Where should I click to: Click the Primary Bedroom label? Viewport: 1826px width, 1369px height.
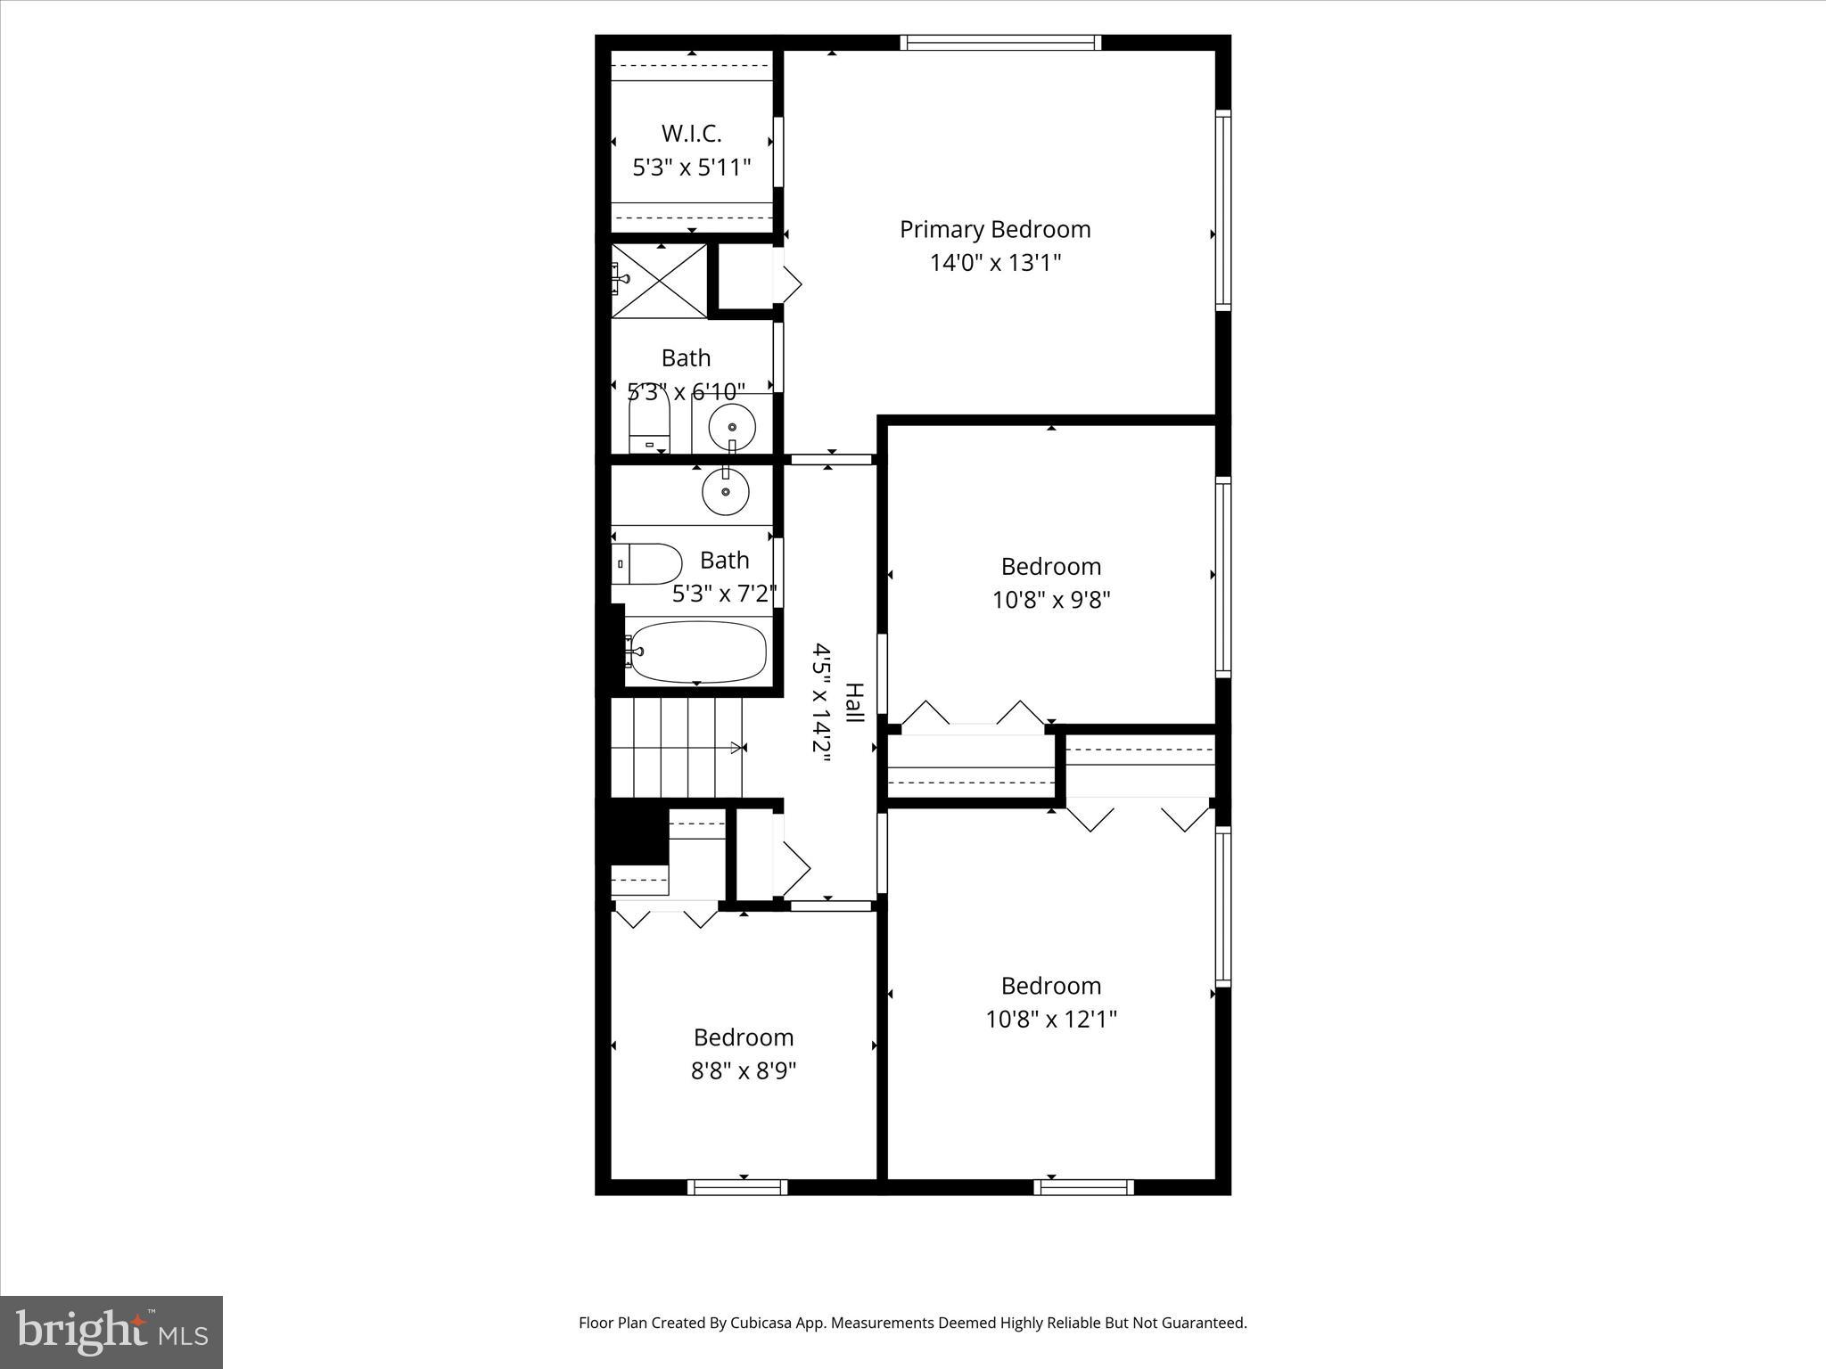pyautogui.click(x=995, y=230)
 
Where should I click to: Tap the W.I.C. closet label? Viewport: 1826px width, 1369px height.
pyautogui.click(x=691, y=134)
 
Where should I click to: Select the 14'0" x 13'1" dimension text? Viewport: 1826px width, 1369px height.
pyautogui.click(x=995, y=263)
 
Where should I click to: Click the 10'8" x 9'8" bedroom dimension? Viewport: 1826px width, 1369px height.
pyautogui.click(x=1051, y=600)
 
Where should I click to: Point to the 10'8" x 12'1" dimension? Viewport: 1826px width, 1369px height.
pyautogui.click(x=1051, y=1019)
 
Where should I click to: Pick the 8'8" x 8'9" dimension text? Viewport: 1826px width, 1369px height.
pyautogui.click(x=744, y=1070)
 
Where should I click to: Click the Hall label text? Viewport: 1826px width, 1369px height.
pyautogui.click(x=854, y=702)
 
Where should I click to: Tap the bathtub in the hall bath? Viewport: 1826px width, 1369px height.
pyautogui.click(x=696, y=652)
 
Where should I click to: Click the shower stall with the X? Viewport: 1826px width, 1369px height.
pyautogui.click(x=659, y=280)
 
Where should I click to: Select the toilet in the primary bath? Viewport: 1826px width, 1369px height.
pyautogui.click(x=649, y=422)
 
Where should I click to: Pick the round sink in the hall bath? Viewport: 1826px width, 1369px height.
pyautogui.click(x=725, y=491)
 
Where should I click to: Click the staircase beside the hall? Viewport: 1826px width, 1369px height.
pyautogui.click(x=678, y=747)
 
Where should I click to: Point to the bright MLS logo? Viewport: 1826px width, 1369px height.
pyautogui.click(x=111, y=1332)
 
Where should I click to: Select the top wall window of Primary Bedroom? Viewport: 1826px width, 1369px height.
pyautogui.click(x=1000, y=43)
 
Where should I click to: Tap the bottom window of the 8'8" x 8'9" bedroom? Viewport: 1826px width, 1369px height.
pyautogui.click(x=737, y=1186)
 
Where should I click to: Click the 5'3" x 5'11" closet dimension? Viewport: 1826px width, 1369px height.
pyautogui.click(x=691, y=168)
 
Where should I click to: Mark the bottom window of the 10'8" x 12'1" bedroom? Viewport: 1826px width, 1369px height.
pyautogui.click(x=1083, y=1186)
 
